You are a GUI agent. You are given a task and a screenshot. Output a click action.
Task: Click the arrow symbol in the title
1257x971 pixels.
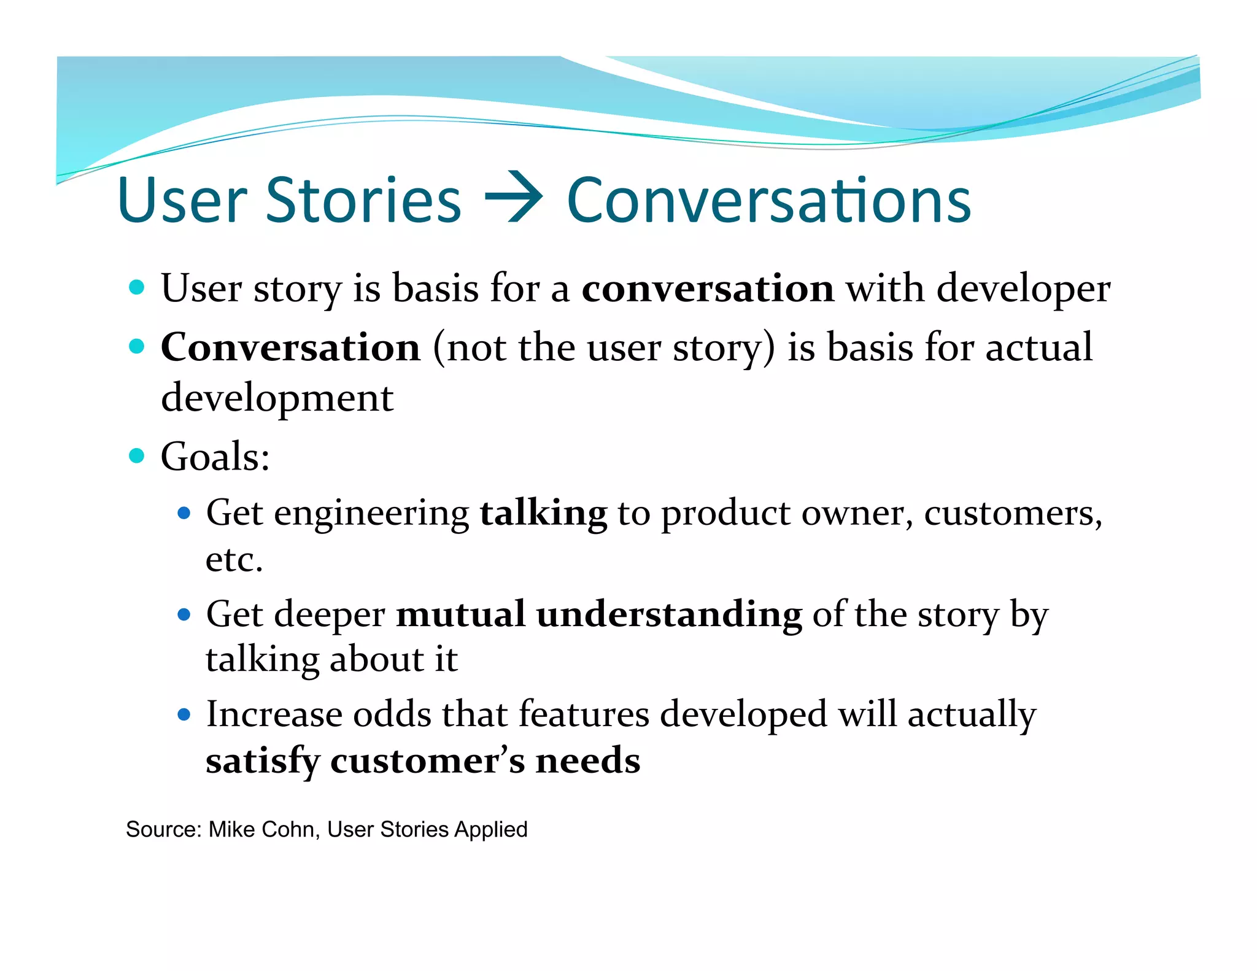(513, 199)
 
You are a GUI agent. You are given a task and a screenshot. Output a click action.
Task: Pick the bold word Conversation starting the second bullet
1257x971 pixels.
(290, 347)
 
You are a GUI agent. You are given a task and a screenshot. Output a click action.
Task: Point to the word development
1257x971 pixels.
(277, 398)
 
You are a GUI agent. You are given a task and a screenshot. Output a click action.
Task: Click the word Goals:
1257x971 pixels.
(215, 457)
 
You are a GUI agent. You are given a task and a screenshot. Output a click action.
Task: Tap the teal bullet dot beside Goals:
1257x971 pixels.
(137, 456)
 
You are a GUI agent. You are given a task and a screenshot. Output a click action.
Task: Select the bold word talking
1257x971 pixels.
(543, 513)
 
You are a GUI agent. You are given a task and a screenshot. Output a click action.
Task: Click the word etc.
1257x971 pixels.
(234, 559)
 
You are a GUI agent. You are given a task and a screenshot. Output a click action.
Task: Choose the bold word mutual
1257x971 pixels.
(460, 614)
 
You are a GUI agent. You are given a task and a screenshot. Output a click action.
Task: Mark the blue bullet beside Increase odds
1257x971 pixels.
(184, 714)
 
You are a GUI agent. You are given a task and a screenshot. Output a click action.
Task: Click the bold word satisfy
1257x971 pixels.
(262, 761)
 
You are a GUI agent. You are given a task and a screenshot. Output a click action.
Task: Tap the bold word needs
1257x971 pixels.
(587, 760)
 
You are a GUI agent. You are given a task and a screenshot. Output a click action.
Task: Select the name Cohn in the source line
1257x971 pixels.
(293, 829)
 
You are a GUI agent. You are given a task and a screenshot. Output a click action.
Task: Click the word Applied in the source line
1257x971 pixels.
(490, 830)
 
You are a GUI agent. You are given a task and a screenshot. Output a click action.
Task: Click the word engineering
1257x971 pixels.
(371, 514)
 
